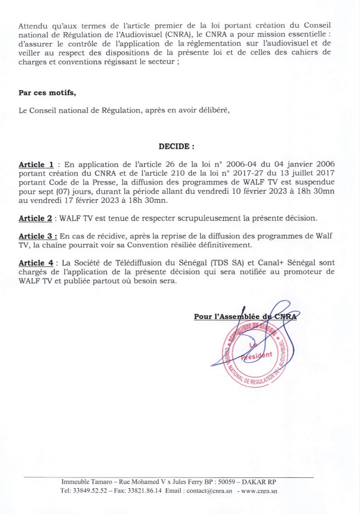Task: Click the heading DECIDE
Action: [x=176, y=147]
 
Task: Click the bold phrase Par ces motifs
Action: [x=47, y=93]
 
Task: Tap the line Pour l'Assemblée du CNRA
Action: [x=245, y=317]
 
